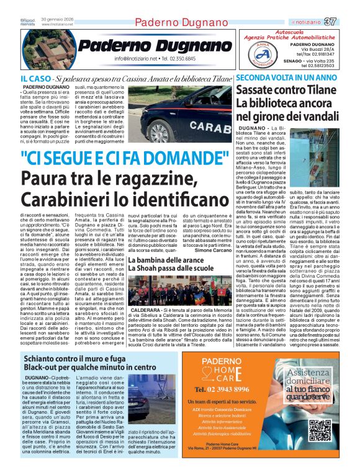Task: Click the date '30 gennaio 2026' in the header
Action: click(x=56, y=20)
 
